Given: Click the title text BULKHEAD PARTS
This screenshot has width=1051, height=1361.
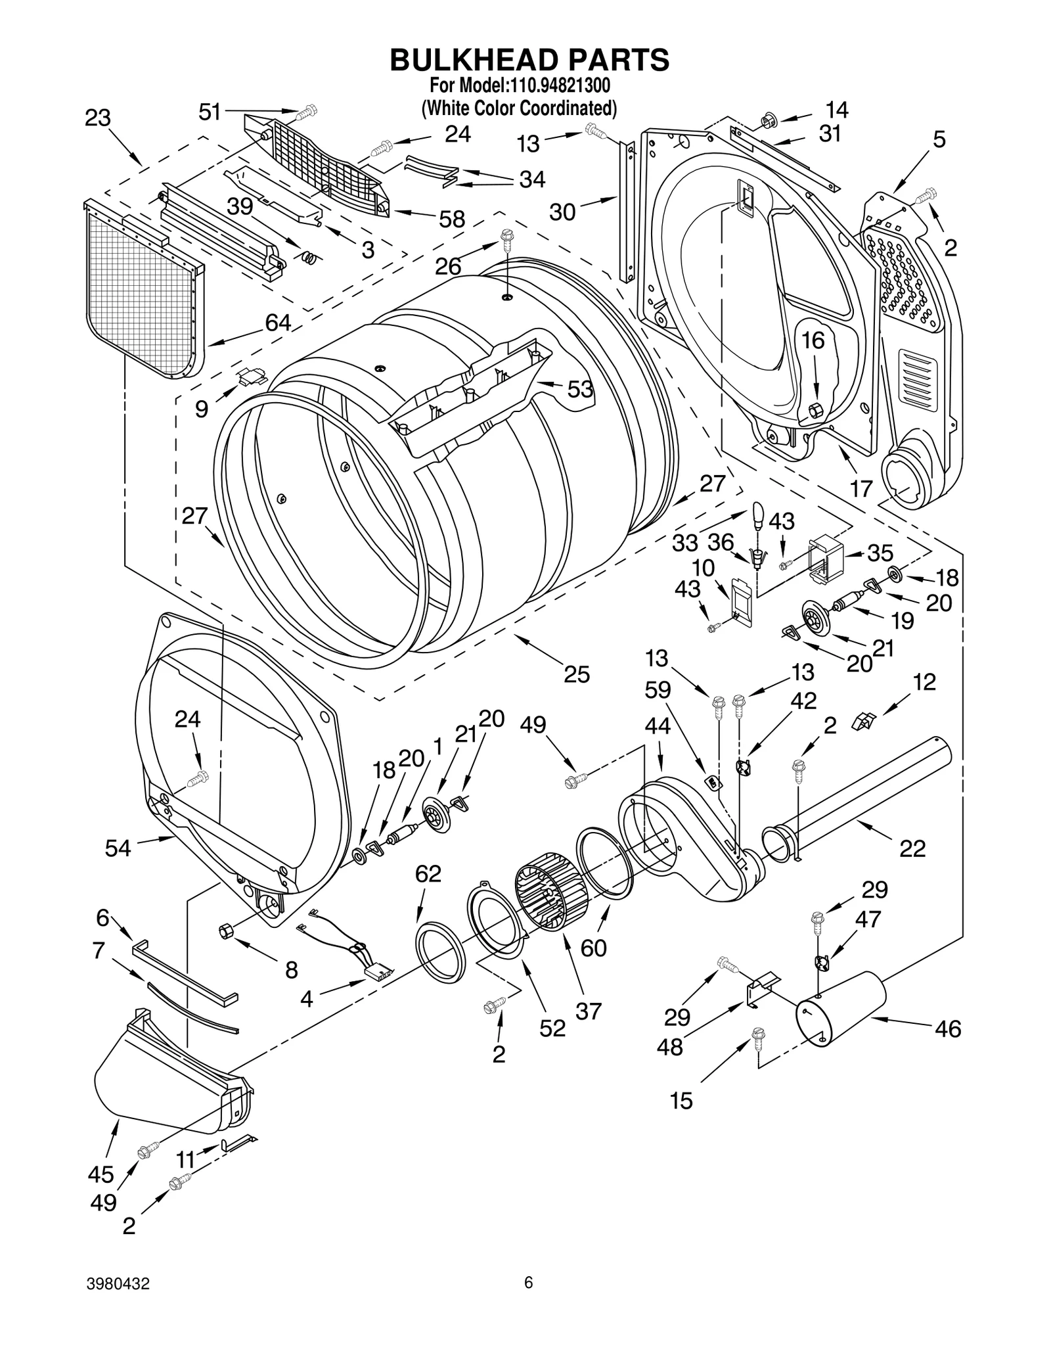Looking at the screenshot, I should [529, 59].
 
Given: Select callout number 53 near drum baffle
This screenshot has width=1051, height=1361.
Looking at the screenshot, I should [579, 389].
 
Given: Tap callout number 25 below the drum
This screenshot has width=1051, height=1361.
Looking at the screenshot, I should [576, 674].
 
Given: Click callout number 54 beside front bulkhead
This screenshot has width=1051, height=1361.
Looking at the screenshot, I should [118, 848].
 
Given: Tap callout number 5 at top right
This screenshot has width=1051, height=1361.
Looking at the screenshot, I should [939, 139].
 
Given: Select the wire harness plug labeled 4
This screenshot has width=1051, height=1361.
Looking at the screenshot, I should [380, 970].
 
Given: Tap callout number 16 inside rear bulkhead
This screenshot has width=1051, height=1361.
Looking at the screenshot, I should [813, 340].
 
